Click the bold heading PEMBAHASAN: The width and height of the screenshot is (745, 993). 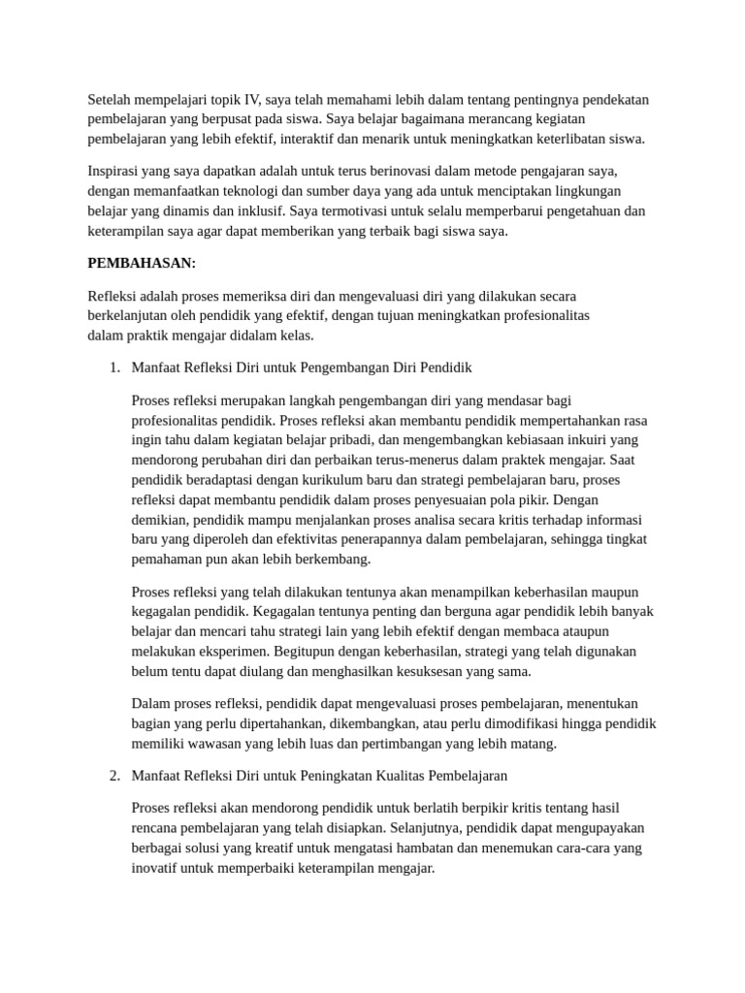click(x=142, y=263)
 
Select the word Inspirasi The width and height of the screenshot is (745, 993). click(x=116, y=172)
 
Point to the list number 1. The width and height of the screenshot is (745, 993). click(x=113, y=368)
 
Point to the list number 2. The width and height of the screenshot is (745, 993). click(x=113, y=776)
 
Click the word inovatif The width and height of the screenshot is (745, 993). click(x=156, y=868)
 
